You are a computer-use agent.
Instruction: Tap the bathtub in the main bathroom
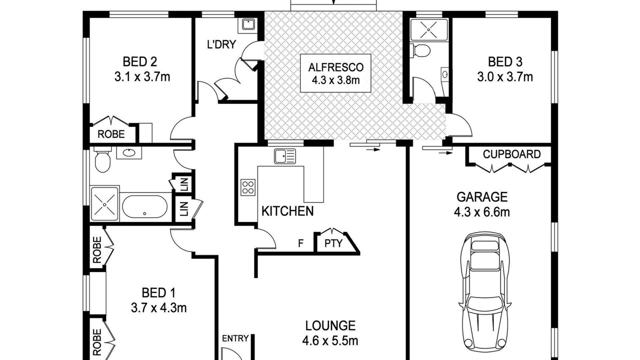145,207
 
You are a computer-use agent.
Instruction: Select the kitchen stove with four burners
247,187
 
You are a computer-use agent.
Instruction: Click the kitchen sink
285,156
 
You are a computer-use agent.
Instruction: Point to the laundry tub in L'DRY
248,24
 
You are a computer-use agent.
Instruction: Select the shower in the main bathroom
104,204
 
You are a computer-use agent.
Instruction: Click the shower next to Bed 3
428,29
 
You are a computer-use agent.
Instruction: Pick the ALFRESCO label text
335,67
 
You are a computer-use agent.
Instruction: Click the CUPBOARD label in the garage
511,154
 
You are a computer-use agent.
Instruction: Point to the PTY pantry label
333,243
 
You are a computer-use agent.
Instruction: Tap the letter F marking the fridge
300,243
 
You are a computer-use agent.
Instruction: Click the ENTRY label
235,338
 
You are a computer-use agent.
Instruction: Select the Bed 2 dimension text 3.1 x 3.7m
142,77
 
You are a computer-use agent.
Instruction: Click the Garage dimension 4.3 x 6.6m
482,212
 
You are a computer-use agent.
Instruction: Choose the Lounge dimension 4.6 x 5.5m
330,341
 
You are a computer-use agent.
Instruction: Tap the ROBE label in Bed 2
111,134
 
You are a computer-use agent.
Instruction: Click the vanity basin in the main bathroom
129,153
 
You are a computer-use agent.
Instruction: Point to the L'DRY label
221,44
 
